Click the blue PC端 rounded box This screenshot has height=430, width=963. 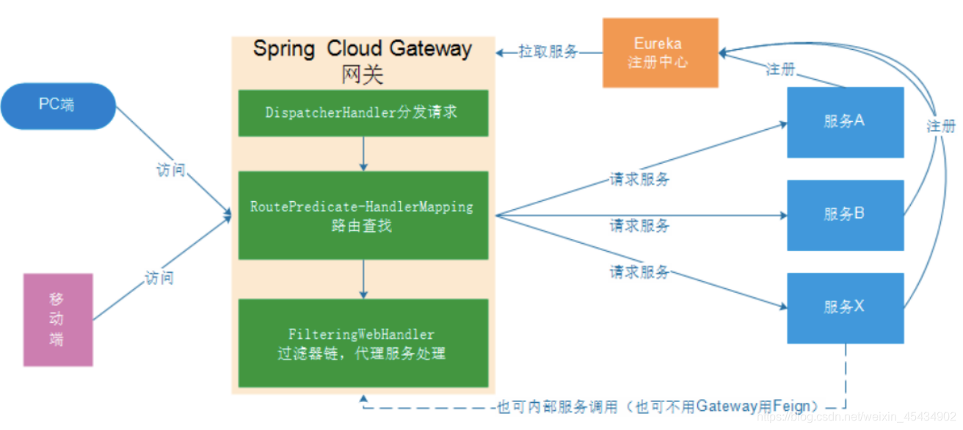click(x=58, y=106)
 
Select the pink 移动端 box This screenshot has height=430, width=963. click(x=58, y=319)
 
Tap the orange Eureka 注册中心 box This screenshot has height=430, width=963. click(x=660, y=54)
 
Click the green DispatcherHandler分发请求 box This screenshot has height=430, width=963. click(x=363, y=112)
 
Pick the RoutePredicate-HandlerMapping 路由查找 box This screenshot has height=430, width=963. click(x=363, y=215)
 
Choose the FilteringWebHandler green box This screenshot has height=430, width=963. click(x=363, y=343)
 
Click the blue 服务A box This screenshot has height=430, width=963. click(x=845, y=122)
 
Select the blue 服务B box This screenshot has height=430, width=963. click(x=845, y=214)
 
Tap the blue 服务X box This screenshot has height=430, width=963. click(x=845, y=307)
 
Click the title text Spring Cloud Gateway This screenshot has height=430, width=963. click(x=363, y=48)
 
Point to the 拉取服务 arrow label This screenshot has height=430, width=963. click(x=548, y=52)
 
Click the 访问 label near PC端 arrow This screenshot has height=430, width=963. click(x=170, y=171)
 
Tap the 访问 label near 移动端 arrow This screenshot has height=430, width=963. click(x=159, y=278)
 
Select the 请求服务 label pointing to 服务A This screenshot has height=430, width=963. click(x=639, y=178)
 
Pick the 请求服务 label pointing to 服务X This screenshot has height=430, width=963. click(x=639, y=272)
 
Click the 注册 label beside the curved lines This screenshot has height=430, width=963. click(x=940, y=126)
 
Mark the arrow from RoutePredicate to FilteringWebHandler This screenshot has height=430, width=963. click(x=363, y=279)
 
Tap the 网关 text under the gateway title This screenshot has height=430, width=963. click(x=363, y=75)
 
